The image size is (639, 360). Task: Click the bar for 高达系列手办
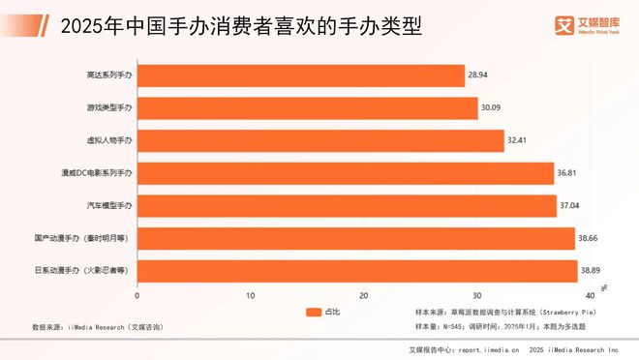(x=300, y=75)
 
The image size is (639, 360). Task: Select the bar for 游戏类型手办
(x=307, y=108)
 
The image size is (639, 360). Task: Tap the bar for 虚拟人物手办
(x=319, y=140)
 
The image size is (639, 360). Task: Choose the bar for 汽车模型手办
(x=346, y=205)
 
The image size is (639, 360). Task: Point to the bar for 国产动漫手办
(x=355, y=237)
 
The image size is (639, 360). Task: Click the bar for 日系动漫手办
(x=356, y=269)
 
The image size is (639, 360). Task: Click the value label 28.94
(x=477, y=75)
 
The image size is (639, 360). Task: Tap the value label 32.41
(x=518, y=140)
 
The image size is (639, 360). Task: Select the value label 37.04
(x=569, y=205)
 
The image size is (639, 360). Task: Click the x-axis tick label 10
(x=251, y=295)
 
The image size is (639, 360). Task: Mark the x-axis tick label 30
(x=476, y=295)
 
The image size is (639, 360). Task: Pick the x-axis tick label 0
(x=137, y=295)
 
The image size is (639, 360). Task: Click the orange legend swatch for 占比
(x=312, y=313)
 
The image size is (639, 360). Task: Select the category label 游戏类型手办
(x=109, y=108)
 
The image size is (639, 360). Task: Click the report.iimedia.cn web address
(x=495, y=349)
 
